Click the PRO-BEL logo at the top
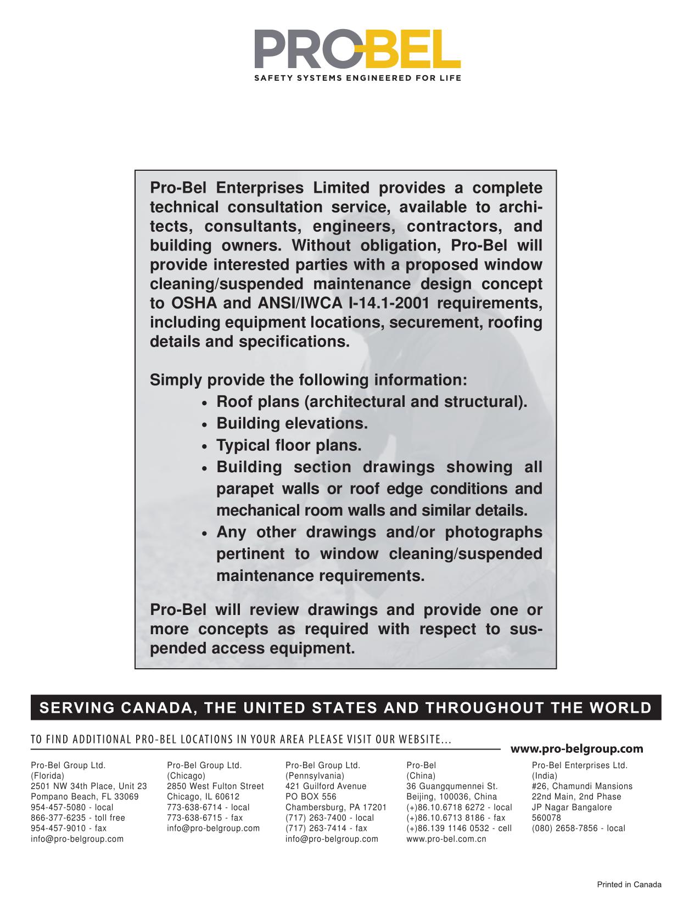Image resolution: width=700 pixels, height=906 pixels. click(357, 49)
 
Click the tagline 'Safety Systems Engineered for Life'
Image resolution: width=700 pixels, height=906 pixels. click(357, 78)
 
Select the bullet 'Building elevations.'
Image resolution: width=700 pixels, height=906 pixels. click(292, 423)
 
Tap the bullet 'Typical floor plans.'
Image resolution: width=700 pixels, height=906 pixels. click(289, 445)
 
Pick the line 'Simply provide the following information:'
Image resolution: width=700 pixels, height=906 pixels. click(309, 380)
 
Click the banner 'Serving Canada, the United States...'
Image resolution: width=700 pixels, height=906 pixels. click(346, 707)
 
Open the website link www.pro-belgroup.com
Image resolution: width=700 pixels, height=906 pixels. click(576, 748)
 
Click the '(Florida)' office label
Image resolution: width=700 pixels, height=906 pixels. click(47, 776)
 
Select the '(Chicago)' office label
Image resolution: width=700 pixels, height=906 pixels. click(186, 776)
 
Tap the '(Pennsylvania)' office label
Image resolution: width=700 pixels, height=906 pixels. click(315, 776)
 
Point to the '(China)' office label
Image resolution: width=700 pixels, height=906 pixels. click(421, 776)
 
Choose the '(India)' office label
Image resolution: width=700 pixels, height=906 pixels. click(545, 776)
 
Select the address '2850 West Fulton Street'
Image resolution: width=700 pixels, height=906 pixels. click(215, 786)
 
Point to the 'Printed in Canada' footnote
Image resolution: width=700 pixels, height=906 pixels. click(629, 885)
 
